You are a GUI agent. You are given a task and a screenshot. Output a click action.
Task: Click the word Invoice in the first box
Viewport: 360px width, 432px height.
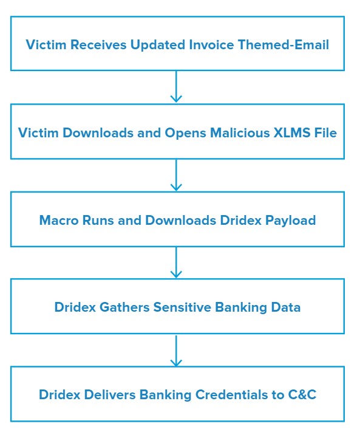pyautogui.click(x=211, y=44)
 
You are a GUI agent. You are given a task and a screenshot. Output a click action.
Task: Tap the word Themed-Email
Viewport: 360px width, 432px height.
pyautogui.click(x=284, y=44)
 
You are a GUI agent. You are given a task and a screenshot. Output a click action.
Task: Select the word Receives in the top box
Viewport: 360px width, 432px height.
pyautogui.click(x=98, y=44)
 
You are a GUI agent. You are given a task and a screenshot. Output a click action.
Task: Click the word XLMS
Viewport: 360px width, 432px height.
pyautogui.click(x=292, y=133)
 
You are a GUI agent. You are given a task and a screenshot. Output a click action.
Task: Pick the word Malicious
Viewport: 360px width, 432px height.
pyautogui.click(x=240, y=133)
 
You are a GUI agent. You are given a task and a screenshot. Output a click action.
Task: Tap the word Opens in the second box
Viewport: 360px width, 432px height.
pyautogui.click(x=185, y=134)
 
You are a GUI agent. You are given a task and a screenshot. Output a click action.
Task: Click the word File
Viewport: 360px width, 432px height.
pyautogui.click(x=325, y=133)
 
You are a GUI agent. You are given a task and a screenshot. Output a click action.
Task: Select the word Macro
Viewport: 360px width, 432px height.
pyautogui.click(x=59, y=221)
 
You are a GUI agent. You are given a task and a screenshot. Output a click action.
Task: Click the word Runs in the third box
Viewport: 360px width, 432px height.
pyautogui.click(x=98, y=221)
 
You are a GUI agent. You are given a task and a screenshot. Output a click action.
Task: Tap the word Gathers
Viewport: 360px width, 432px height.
pyautogui.click(x=124, y=307)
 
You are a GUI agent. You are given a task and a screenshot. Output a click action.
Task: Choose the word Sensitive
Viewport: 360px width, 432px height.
pyautogui.click(x=182, y=307)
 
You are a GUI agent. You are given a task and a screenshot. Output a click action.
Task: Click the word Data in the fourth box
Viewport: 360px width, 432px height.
pyautogui.click(x=286, y=307)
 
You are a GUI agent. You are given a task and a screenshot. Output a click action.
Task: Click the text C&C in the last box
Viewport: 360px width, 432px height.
pyautogui.click(x=302, y=394)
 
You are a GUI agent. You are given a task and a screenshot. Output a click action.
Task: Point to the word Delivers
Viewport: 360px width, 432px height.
pyautogui.click(x=110, y=394)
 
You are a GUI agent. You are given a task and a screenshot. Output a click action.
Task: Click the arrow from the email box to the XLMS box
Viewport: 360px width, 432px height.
pyautogui.click(x=176, y=86)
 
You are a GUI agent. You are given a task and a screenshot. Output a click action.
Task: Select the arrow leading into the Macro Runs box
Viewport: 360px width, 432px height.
pyautogui.click(x=176, y=175)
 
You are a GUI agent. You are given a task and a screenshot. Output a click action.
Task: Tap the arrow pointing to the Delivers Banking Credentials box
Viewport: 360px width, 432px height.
pyautogui.click(x=176, y=350)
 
